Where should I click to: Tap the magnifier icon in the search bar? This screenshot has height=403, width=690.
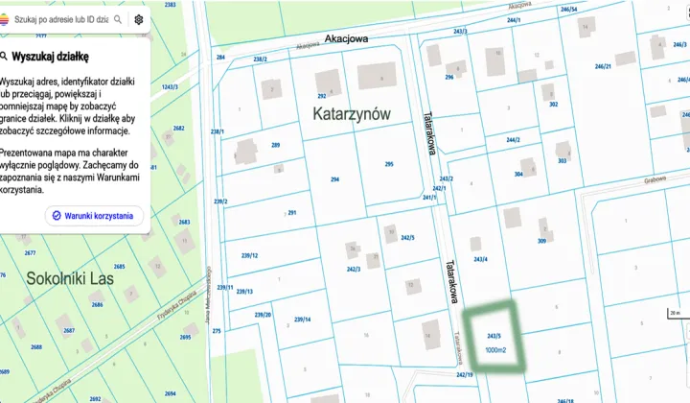pyautogui.click(x=117, y=19)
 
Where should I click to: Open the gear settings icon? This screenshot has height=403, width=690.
pyautogui.click(x=139, y=19)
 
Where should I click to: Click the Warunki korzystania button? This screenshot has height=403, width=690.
pyautogui.click(x=97, y=216)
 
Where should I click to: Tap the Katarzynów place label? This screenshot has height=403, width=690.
pyautogui.click(x=352, y=113)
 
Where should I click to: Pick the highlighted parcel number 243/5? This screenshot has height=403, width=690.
pyautogui.click(x=494, y=336)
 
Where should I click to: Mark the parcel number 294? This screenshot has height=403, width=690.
pyautogui.click(x=335, y=179)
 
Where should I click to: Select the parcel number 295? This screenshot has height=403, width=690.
pyautogui.click(x=389, y=164)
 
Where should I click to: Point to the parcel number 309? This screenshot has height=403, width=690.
pyautogui.click(x=541, y=241)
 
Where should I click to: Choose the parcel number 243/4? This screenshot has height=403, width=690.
pyautogui.click(x=479, y=260)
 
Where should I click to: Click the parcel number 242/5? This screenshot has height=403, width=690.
pyautogui.click(x=407, y=237)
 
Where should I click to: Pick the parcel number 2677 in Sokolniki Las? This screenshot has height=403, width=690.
pyautogui.click(x=30, y=253)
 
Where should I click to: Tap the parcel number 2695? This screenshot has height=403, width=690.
pyautogui.click(x=185, y=337)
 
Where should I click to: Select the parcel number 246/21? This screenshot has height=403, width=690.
pyautogui.click(x=603, y=66)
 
